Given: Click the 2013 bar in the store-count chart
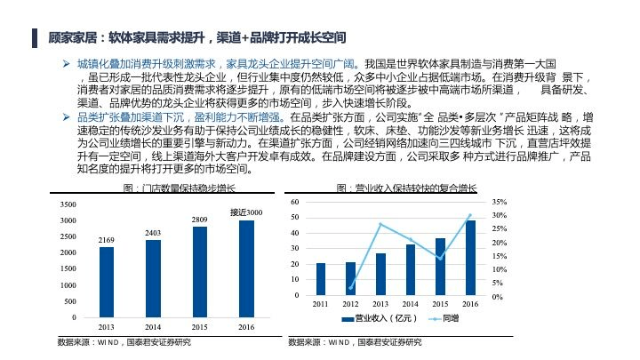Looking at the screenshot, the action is pos(107,282).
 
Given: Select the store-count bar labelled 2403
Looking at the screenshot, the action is pos(153,278).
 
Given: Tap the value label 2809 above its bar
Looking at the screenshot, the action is pos(200,220).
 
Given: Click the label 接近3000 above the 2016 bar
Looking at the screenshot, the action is pos(246,212).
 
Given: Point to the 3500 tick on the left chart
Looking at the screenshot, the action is pos(68,204).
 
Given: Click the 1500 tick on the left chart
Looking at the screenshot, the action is pos(68,268).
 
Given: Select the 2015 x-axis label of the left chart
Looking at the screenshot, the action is pos(200,327).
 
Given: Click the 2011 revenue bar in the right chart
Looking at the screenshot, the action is pos(321,279).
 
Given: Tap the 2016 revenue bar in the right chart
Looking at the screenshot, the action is pos(470,258).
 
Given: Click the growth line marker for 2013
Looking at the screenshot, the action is pos(380,224).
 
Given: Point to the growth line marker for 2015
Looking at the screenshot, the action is pos(440,259).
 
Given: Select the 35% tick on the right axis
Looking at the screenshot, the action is pos(500,202).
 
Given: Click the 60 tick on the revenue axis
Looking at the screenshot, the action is pos(295,202).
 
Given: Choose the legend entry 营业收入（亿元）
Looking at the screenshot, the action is pos(380,318).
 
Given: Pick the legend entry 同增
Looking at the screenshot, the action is pos(444,318).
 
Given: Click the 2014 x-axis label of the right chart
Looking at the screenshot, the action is pos(410,304).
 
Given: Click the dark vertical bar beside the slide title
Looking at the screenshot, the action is pos(35,38).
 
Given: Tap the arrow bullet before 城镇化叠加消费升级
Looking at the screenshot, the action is pos(66,64).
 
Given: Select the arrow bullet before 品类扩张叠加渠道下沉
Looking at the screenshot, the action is pos(66,117).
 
